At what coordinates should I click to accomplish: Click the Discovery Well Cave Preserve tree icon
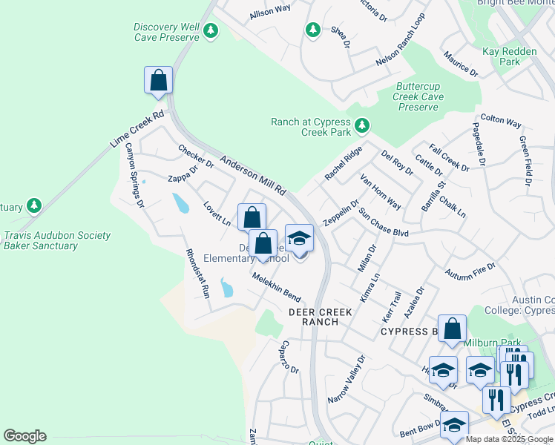211,30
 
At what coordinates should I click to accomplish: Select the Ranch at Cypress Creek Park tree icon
362,125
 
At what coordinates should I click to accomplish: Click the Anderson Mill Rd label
253,174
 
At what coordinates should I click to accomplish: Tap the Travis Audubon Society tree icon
33,205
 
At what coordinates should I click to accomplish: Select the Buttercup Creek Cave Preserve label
419,97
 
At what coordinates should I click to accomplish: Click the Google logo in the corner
24,436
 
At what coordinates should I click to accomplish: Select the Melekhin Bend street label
275,285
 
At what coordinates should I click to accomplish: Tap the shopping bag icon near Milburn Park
452,329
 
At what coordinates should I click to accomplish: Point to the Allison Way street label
270,11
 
